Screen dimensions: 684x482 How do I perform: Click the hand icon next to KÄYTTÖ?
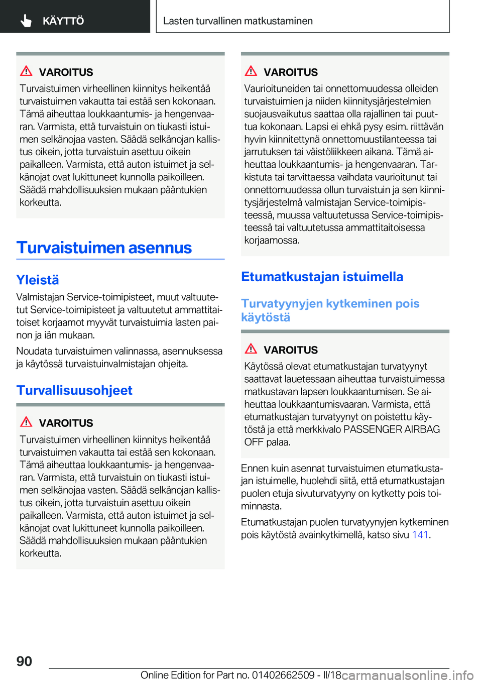(26, 21)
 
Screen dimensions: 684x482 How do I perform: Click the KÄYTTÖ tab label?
(63, 21)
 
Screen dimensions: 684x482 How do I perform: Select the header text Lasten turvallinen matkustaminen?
(237, 21)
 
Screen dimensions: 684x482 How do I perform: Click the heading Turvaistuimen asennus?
(104, 248)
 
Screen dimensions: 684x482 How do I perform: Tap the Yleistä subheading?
(38, 280)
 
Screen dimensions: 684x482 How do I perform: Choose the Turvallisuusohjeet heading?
(74, 390)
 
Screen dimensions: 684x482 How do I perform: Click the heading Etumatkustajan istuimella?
(322, 277)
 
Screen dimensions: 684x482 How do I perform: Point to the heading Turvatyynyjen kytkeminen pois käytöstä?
(330, 310)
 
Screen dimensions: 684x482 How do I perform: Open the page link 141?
(420, 535)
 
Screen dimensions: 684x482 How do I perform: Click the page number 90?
(24, 661)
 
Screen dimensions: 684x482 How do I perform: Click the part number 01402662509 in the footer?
(283, 675)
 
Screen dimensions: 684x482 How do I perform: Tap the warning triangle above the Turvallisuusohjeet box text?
(27, 422)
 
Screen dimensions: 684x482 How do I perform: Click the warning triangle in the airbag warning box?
(251, 349)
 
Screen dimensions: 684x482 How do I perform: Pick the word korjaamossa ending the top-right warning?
(271, 240)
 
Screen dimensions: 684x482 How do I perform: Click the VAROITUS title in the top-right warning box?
(291, 72)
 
